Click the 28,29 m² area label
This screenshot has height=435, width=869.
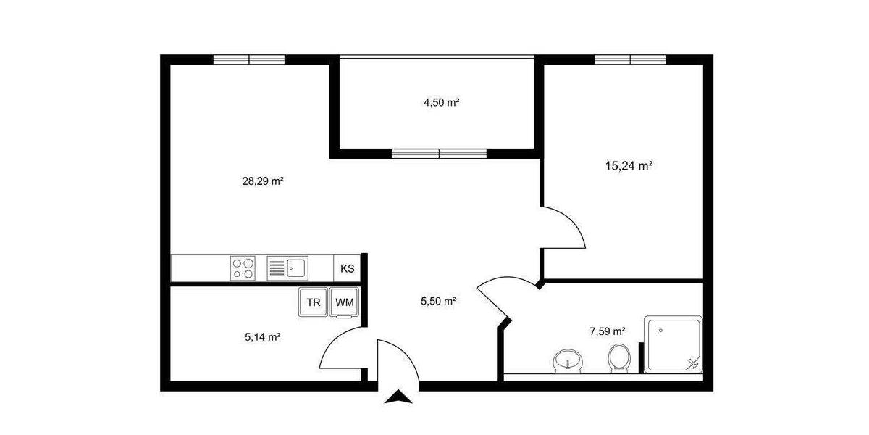pos(262,181)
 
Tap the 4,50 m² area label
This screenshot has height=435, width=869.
pos(442,102)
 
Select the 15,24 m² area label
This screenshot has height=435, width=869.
pos(629,165)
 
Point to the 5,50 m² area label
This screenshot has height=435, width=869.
pos(438,300)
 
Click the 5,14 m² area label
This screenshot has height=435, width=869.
pos(263,336)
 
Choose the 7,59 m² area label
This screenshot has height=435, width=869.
pos(608,331)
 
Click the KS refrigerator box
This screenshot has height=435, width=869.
pos(348,268)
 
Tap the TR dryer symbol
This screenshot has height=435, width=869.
pos(314,302)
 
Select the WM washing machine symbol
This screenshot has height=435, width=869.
pos(344,302)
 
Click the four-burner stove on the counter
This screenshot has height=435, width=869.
pos(243,268)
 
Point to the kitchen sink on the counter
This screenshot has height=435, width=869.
pos(288,268)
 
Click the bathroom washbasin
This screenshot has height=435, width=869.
pos(568,360)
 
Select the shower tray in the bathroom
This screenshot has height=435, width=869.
pos(673,344)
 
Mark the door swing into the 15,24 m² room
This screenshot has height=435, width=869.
pos(568,228)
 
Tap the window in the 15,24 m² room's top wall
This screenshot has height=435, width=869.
pos(630,59)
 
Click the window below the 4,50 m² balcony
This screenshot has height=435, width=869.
pos(439,153)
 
